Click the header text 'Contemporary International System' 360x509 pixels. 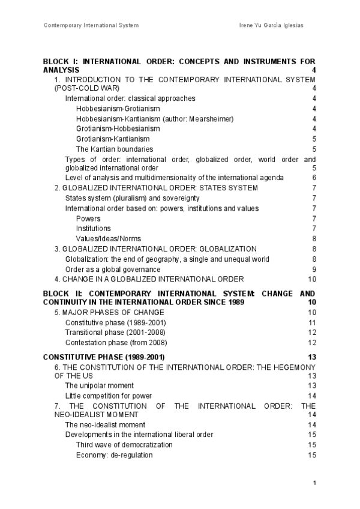pyautogui.click(x=91, y=25)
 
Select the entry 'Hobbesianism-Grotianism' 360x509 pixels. pyautogui.click(x=118, y=109)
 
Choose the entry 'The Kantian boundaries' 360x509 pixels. pyautogui.click(x=114, y=149)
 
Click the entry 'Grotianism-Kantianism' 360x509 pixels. pyautogui.click(x=113, y=139)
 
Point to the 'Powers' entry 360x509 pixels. pyautogui.click(x=88, y=218)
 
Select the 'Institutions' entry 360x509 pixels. pyautogui.click(x=93, y=228)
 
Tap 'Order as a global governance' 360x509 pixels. pyautogui.click(x=113, y=269)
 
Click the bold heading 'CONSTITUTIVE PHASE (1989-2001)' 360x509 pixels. pyautogui.click(x=104, y=357)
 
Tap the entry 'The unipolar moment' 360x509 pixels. pyautogui.click(x=99, y=385)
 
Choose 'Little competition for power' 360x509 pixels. pyautogui.click(x=108, y=396)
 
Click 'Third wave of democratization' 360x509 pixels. pyautogui.click(x=124, y=445)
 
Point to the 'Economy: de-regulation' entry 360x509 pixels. pyautogui.click(x=114, y=455)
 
